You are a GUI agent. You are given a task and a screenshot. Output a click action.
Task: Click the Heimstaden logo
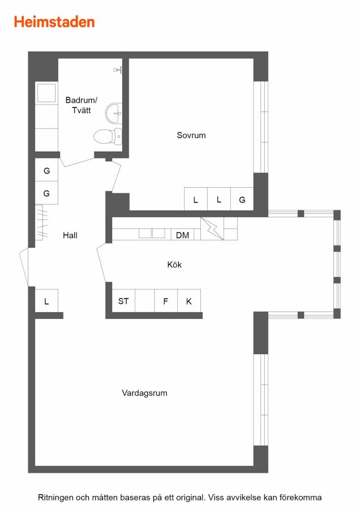[54, 22]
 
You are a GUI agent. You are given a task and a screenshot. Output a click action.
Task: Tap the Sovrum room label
[191, 135]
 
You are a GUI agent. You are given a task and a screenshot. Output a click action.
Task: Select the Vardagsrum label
[144, 393]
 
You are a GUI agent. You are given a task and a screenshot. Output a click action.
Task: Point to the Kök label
[174, 265]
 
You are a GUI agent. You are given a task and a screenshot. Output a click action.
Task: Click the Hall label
[70, 235]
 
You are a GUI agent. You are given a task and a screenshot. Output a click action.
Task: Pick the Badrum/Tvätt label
[82, 105]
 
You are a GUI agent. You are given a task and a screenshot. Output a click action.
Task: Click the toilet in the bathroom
[108, 136]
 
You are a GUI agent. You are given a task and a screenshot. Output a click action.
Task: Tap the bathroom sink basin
[114, 113]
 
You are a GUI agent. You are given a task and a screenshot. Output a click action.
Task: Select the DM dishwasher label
[182, 235]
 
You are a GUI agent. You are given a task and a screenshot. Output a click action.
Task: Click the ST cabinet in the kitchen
[123, 301]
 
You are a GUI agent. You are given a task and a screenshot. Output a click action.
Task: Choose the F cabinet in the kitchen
[166, 301]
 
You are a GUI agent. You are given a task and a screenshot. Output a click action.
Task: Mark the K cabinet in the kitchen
[188, 301]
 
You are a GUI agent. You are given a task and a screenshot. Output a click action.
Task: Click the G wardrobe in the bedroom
[242, 199]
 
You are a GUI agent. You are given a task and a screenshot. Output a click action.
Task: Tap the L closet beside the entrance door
[46, 301]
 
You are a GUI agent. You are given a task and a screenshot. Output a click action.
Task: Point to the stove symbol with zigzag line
[212, 228]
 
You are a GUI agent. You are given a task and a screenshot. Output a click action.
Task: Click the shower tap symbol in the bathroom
[118, 70]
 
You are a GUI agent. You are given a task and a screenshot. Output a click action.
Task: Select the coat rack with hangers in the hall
[41, 222]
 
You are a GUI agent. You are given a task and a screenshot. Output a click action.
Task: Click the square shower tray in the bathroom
[46, 93]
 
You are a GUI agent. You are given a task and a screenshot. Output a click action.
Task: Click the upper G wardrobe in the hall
[46, 170]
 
